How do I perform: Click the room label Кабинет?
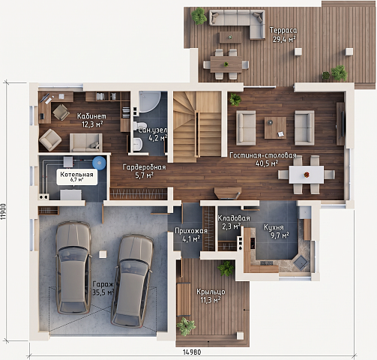(91, 116)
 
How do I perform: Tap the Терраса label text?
(283, 30)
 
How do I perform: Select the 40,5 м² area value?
(267, 163)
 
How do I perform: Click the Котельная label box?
(76, 177)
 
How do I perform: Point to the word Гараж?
(103, 284)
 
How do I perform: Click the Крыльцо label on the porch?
(211, 292)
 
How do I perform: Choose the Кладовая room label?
(234, 218)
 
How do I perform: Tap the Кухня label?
(274, 227)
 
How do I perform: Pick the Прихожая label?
(191, 231)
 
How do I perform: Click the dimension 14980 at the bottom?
(192, 352)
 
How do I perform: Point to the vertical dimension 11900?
(4, 211)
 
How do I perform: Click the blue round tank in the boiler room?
(99, 163)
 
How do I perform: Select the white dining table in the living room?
(307, 175)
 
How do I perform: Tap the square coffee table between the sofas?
(275, 127)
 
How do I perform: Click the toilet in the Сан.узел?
(138, 125)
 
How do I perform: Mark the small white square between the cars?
(103, 254)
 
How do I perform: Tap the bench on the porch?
(184, 299)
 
